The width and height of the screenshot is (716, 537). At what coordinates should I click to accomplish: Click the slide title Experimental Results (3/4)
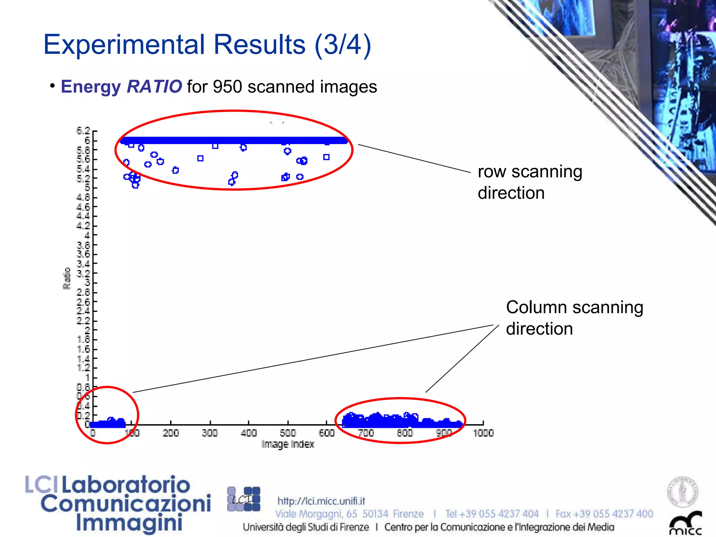click(207, 45)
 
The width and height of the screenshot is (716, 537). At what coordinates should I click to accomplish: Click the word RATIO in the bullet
click(154, 86)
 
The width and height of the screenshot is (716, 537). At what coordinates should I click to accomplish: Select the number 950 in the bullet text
click(227, 87)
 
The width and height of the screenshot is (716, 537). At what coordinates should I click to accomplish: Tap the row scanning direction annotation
click(530, 182)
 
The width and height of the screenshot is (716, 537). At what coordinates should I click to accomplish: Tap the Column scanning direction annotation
click(574, 318)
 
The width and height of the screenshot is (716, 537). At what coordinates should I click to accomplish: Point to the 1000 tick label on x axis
click(483, 433)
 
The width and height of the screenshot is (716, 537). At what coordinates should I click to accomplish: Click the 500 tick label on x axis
click(288, 433)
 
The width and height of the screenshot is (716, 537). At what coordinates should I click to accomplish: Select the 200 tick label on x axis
click(171, 433)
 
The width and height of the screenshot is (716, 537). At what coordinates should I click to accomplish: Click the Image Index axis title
click(288, 444)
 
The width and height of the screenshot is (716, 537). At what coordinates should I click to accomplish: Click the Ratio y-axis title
click(67, 279)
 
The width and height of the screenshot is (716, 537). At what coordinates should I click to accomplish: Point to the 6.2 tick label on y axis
click(83, 131)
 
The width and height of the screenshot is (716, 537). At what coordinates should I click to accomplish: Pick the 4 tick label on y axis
click(87, 235)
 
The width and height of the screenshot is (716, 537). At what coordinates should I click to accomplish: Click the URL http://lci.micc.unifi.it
click(321, 501)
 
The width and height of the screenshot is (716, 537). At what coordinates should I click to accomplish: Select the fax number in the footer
click(604, 514)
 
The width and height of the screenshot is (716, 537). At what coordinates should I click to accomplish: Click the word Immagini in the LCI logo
click(129, 523)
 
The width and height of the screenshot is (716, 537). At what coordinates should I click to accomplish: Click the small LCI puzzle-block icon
click(244, 499)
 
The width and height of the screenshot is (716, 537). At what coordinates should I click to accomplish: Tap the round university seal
click(682, 492)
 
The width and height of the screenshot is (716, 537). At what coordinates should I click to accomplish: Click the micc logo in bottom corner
click(685, 524)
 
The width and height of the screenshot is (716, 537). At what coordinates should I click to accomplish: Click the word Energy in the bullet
click(91, 86)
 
